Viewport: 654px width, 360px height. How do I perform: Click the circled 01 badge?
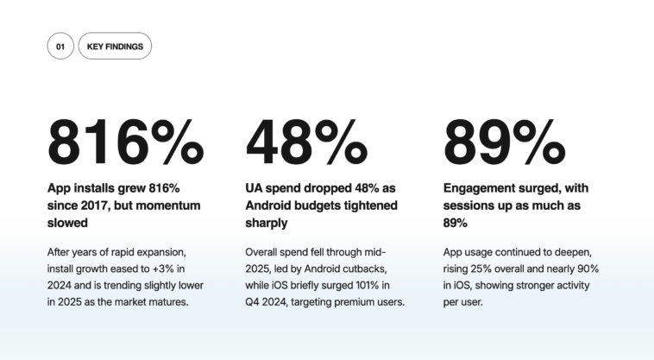(x=60, y=46)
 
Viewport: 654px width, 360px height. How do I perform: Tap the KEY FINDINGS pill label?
(x=115, y=46)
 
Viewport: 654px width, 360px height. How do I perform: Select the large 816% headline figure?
(x=127, y=142)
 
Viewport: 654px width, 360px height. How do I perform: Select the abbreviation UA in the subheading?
(x=255, y=187)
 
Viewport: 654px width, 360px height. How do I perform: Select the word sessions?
(x=468, y=205)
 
